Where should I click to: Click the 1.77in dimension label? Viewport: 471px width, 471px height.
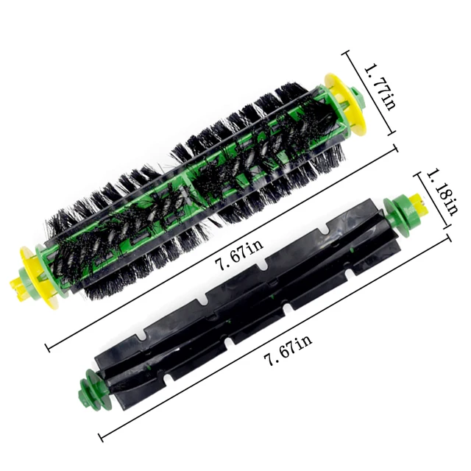click(x=380, y=87)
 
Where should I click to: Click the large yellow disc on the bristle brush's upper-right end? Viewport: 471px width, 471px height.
click(x=344, y=103)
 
